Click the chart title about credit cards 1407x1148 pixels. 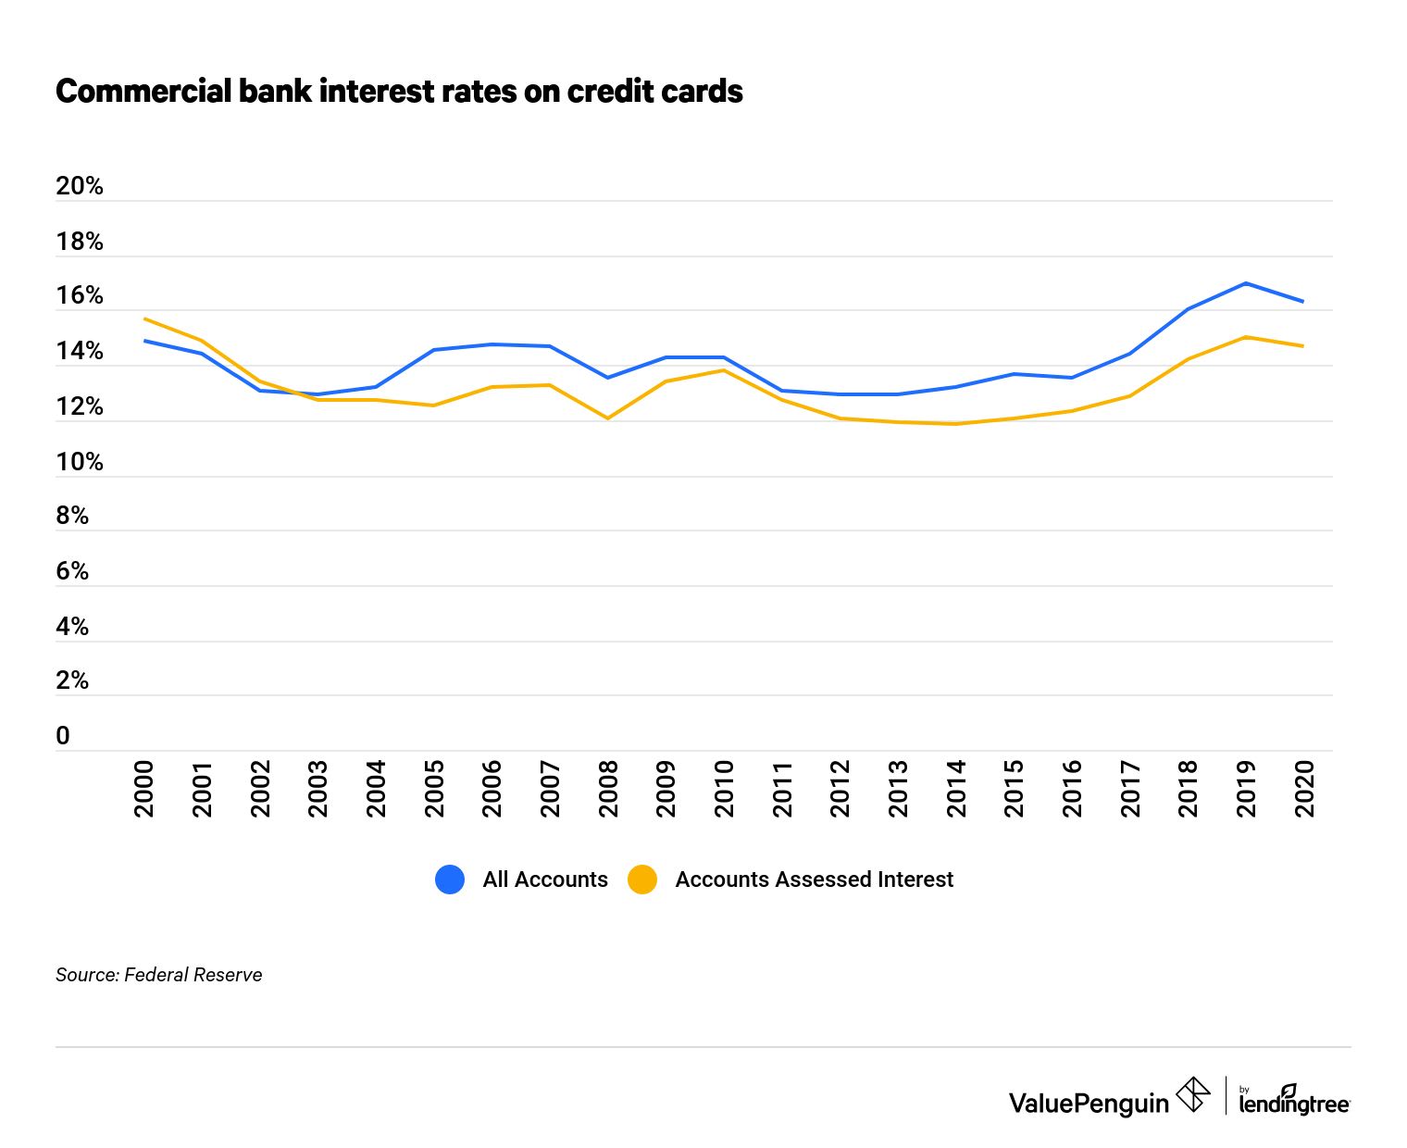(399, 92)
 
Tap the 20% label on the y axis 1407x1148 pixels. (80, 186)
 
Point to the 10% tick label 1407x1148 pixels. (80, 462)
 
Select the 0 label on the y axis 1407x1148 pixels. (63, 736)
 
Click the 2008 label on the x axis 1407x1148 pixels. (608, 789)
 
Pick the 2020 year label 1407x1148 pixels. (1304, 789)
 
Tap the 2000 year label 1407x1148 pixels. (144, 789)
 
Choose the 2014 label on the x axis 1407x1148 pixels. (956, 789)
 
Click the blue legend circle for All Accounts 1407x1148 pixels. (450, 880)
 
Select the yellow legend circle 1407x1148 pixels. (642, 880)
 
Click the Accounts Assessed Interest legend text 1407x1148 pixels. (814, 880)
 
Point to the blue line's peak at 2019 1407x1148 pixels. (1246, 283)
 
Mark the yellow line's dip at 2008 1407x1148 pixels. (608, 418)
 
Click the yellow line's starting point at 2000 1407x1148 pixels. (145, 319)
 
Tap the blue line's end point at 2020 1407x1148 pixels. (1303, 301)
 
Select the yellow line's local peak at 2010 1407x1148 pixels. (724, 370)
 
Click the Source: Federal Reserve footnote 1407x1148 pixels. (159, 975)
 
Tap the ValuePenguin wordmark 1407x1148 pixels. (1089, 1103)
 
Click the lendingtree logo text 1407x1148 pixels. (1294, 1103)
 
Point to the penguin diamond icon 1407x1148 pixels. (1193, 1094)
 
